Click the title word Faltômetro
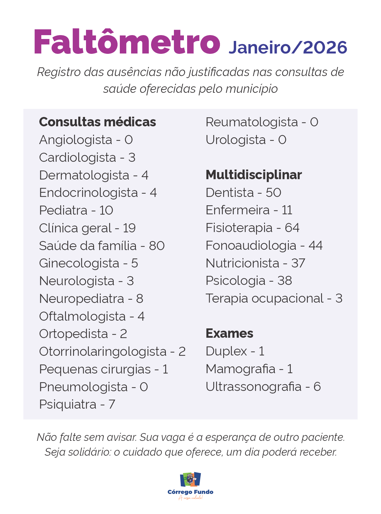[127, 42]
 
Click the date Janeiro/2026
[288, 48]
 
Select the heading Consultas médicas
[97, 122]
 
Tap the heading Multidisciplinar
[253, 175]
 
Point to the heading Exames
[229, 334]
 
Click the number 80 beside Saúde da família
[157, 246]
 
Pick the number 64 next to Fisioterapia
[292, 228]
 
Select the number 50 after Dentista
[273, 193]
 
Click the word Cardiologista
[77, 158]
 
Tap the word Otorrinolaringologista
[103, 352]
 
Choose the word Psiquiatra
[68, 404]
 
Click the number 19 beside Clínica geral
[129, 228]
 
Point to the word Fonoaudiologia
[251, 246]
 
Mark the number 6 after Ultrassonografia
[317, 387]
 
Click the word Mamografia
[240, 369]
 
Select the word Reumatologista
[252, 122]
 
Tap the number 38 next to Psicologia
[284, 281]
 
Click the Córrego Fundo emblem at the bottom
[190, 480]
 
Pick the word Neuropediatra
[81, 299]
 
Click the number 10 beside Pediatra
[106, 210]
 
